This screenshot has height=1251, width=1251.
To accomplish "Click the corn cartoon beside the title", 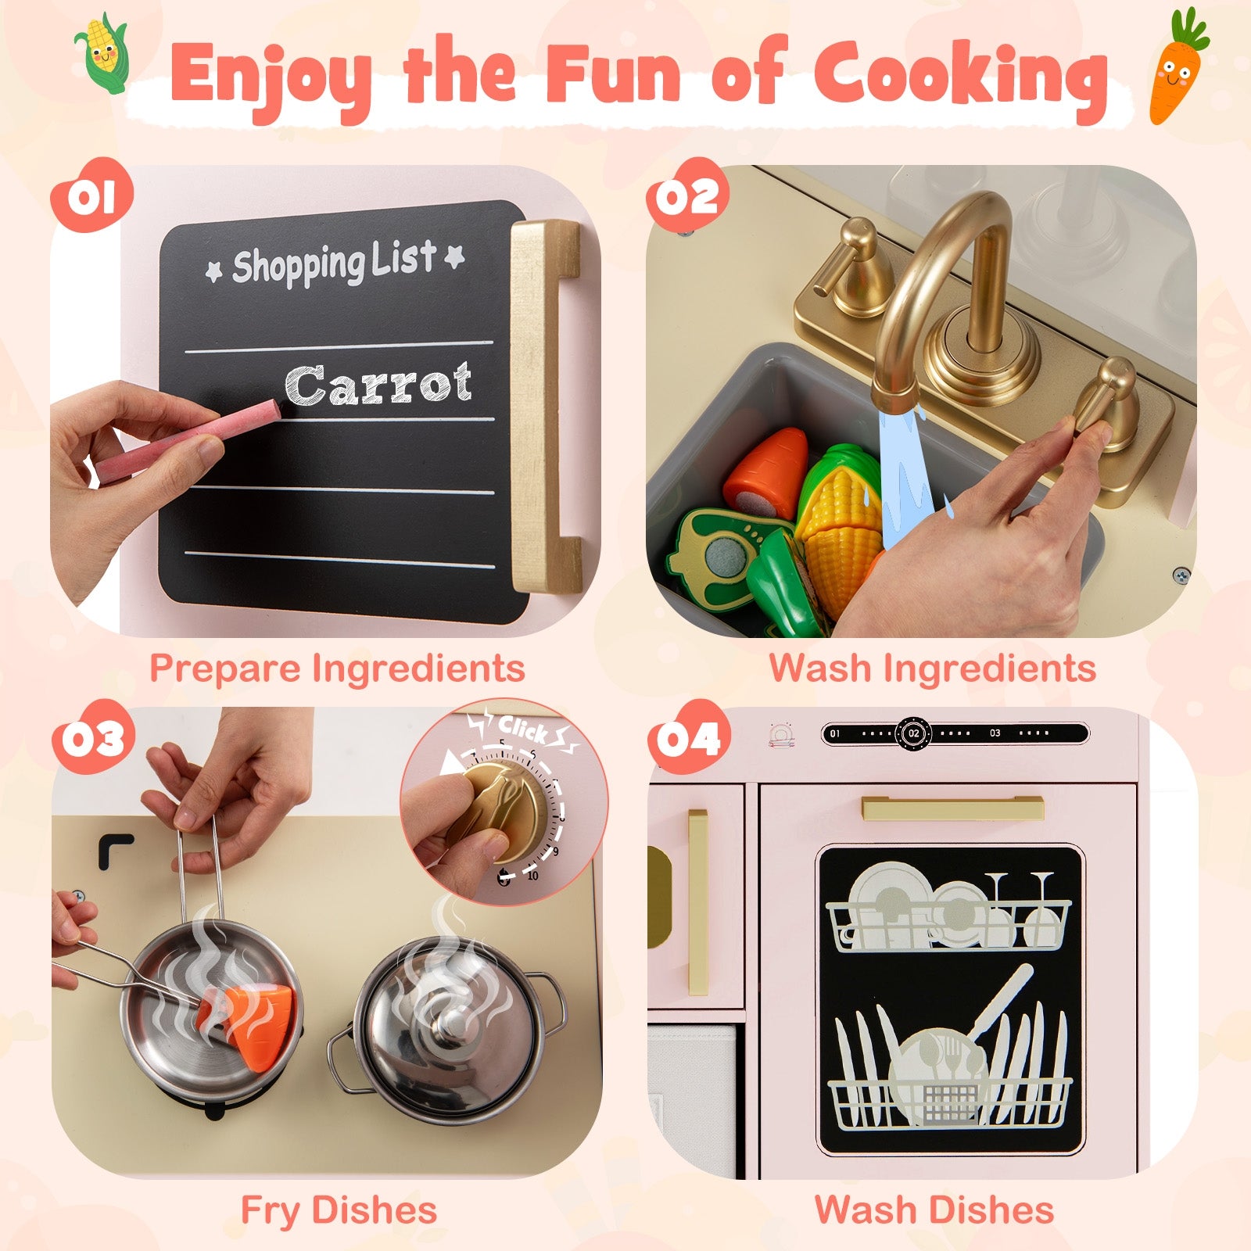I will [x=102, y=52].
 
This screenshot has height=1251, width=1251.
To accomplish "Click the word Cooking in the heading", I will [x=960, y=77].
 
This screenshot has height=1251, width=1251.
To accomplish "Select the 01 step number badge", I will [x=92, y=195].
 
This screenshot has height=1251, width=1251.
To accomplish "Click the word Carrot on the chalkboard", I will [x=378, y=385].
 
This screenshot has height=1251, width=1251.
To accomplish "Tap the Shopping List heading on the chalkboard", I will [x=335, y=262].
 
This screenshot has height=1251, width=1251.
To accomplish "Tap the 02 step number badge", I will [x=686, y=195].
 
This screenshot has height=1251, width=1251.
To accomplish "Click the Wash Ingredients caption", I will [x=933, y=669].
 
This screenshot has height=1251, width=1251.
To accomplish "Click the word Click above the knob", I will [x=522, y=729].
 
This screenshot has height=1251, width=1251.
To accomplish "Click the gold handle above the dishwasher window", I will [x=952, y=808].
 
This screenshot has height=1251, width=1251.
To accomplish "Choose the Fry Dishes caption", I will [x=339, y=1210].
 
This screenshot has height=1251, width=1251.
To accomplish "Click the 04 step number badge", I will [x=688, y=738].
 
